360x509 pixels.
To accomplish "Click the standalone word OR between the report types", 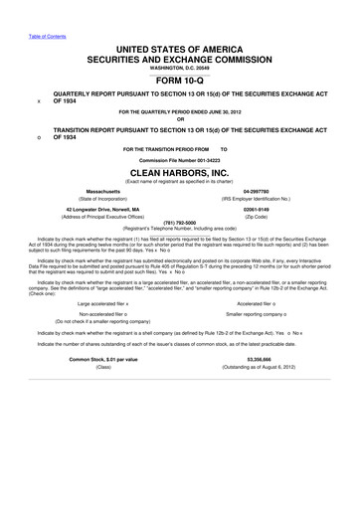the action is click(180, 122).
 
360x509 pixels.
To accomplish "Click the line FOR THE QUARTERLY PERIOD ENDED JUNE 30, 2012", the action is click(180, 112).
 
